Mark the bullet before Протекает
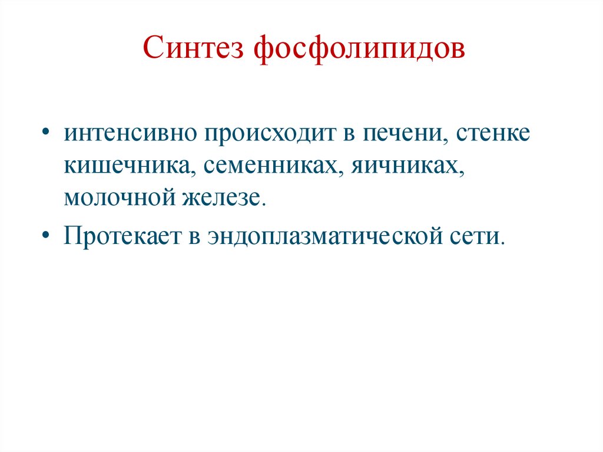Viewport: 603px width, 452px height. click(x=46, y=237)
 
